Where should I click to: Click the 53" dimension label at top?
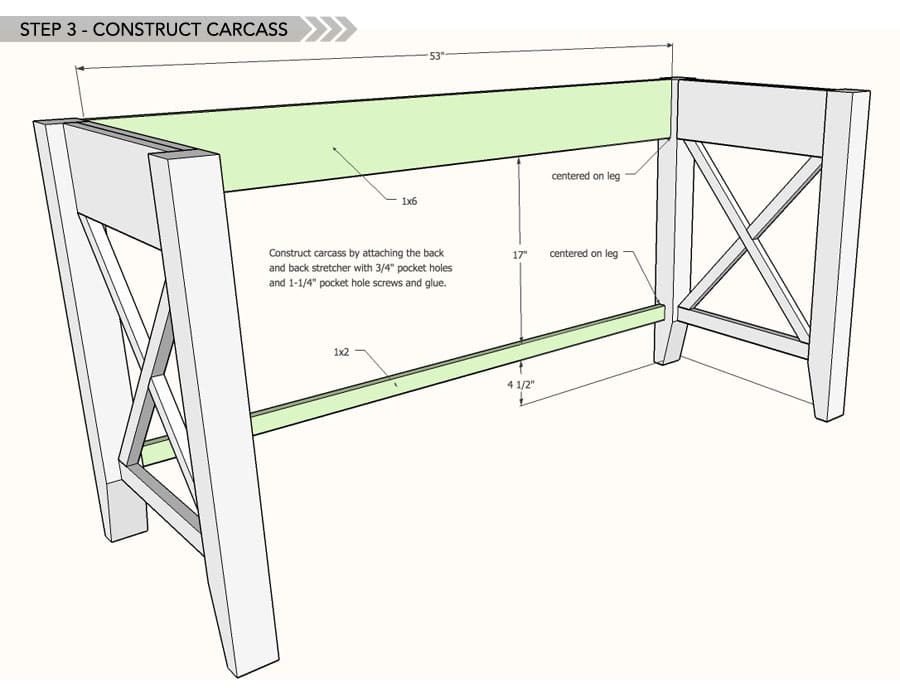click(436, 57)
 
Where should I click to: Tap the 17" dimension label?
click(519, 254)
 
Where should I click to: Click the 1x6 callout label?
click(409, 201)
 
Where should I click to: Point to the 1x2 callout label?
click(342, 352)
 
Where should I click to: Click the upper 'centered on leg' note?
click(585, 176)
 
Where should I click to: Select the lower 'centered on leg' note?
click(583, 254)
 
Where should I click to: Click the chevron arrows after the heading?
click(328, 28)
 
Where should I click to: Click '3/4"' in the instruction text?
click(377, 268)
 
